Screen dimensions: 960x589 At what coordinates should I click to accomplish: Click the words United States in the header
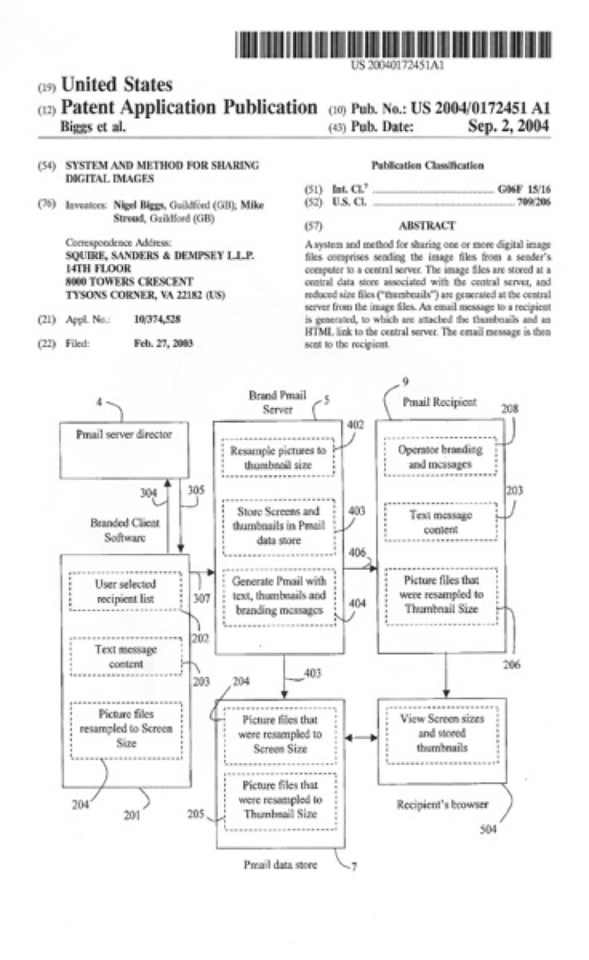pos(117,85)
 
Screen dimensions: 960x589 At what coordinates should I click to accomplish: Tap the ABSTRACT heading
pos(426,225)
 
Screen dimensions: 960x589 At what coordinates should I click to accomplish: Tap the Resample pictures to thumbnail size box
pos(278,456)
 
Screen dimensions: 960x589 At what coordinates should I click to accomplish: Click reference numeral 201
pos(132,815)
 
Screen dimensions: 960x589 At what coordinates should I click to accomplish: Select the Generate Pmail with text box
pos(278,595)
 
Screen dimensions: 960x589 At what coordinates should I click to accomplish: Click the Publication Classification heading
pos(427,166)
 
